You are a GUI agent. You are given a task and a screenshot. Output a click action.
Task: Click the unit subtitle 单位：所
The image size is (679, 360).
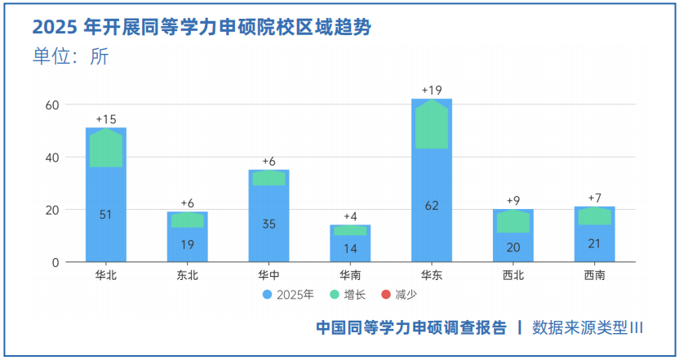point(70,56)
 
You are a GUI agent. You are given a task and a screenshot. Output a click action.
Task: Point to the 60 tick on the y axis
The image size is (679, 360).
point(51,104)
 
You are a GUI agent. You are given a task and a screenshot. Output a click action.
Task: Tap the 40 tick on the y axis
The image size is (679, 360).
point(51,158)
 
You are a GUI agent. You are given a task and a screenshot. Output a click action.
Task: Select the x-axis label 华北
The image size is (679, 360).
point(105,275)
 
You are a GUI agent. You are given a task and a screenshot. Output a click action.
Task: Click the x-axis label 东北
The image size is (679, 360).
point(187,275)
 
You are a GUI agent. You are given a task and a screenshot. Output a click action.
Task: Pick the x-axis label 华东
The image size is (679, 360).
point(432,275)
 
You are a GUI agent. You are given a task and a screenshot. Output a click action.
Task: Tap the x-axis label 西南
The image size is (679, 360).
point(595,275)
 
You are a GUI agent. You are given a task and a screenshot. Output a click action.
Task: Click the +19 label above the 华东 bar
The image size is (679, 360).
point(432,90)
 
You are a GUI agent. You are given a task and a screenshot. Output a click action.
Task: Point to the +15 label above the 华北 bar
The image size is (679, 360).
point(106,119)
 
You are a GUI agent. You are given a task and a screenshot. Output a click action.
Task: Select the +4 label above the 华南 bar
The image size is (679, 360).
point(350,216)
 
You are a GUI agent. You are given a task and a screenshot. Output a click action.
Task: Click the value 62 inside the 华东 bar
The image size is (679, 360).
point(432,206)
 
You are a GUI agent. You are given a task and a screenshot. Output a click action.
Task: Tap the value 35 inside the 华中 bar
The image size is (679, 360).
point(268,224)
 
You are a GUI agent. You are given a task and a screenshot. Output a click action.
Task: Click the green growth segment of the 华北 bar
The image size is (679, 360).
point(105,148)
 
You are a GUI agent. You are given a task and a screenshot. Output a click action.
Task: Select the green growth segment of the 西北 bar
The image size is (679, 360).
point(513,222)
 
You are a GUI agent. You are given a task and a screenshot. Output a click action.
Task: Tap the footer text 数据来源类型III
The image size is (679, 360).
point(588,327)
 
